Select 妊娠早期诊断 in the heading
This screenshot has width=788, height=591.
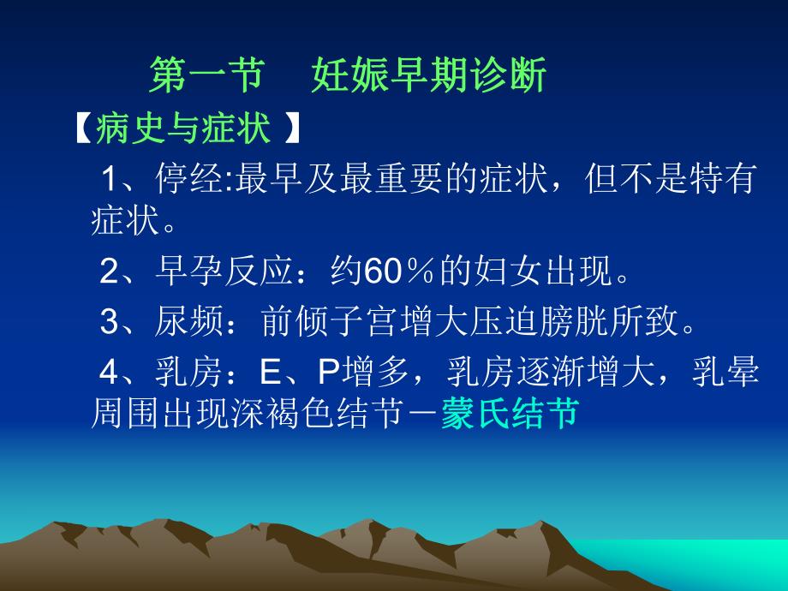[429, 75]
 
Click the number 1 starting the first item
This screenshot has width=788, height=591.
[110, 181]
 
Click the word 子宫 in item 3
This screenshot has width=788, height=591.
[359, 322]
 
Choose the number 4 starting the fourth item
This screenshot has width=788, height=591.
[109, 373]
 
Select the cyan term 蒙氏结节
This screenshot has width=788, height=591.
[510, 415]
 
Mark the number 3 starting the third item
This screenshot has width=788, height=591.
[109, 322]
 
